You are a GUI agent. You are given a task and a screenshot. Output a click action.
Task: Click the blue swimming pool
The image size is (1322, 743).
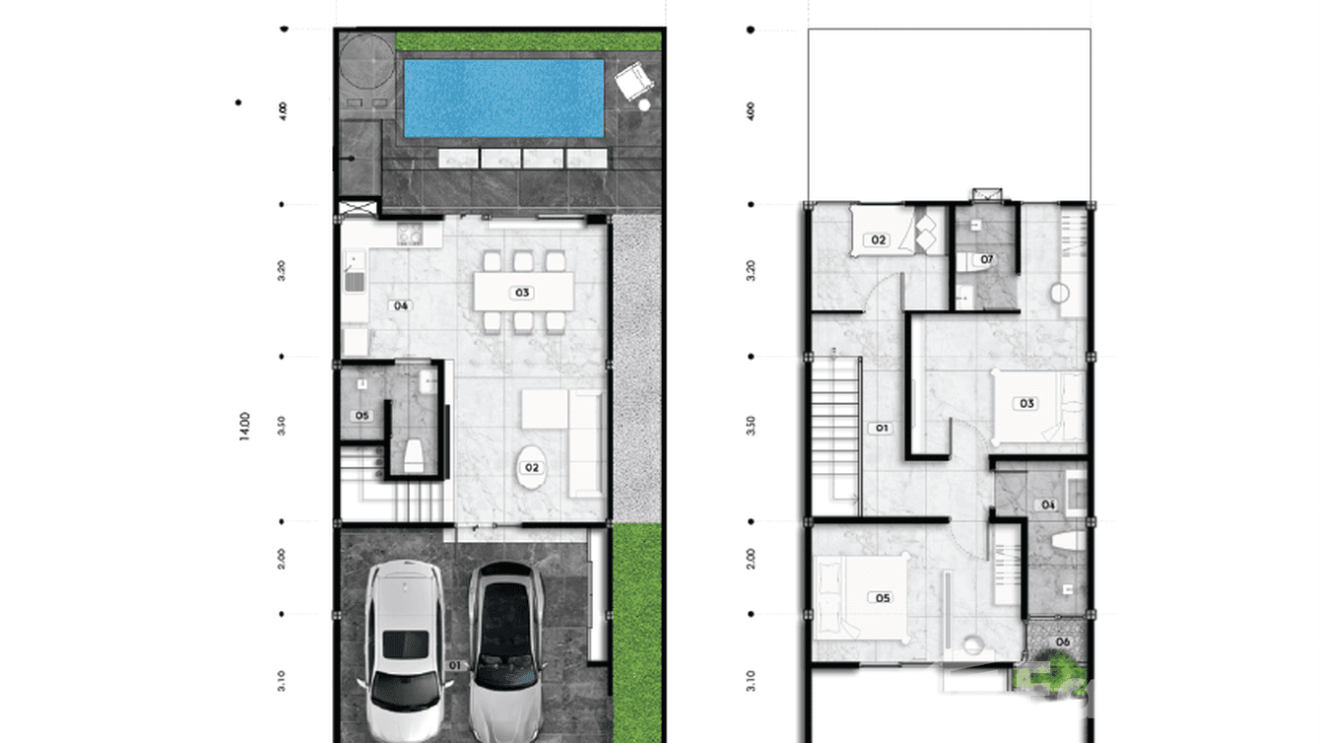tap(503, 98)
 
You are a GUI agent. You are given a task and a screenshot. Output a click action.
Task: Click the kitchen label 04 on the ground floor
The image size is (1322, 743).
tap(401, 305)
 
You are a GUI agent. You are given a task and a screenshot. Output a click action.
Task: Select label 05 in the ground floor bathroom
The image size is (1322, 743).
tap(362, 416)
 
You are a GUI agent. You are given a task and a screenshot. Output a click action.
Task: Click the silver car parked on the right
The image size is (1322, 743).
tap(504, 650)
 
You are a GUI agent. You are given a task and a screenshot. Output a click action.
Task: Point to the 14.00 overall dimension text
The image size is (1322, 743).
tap(245, 426)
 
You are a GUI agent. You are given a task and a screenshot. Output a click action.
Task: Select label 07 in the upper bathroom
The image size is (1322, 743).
tap(985, 260)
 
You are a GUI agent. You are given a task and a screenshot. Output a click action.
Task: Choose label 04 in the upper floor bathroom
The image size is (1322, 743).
tap(1048, 505)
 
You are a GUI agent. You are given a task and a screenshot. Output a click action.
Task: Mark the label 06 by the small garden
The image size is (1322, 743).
tap(1062, 642)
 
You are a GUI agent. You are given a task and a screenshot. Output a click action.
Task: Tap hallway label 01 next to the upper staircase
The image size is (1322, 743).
tap(882, 428)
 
